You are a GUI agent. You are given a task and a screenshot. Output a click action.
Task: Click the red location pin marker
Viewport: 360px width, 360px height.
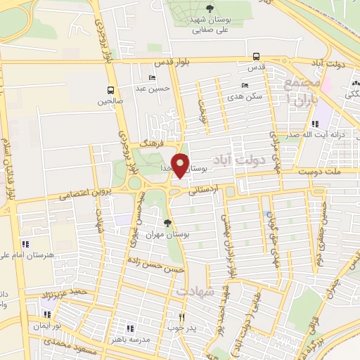181,165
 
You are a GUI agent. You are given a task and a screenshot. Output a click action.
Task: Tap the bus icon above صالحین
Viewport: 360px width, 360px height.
110,90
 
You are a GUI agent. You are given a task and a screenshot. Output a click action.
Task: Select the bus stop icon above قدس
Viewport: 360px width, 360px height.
257,58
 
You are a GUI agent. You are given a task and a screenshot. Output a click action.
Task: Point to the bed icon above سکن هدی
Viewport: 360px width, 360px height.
245,85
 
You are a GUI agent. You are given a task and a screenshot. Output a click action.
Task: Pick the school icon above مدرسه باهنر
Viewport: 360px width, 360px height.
129,328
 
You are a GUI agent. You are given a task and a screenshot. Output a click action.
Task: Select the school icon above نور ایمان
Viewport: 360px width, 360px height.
48,315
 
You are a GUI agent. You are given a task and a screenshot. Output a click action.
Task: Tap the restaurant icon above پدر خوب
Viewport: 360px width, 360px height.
182,317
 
